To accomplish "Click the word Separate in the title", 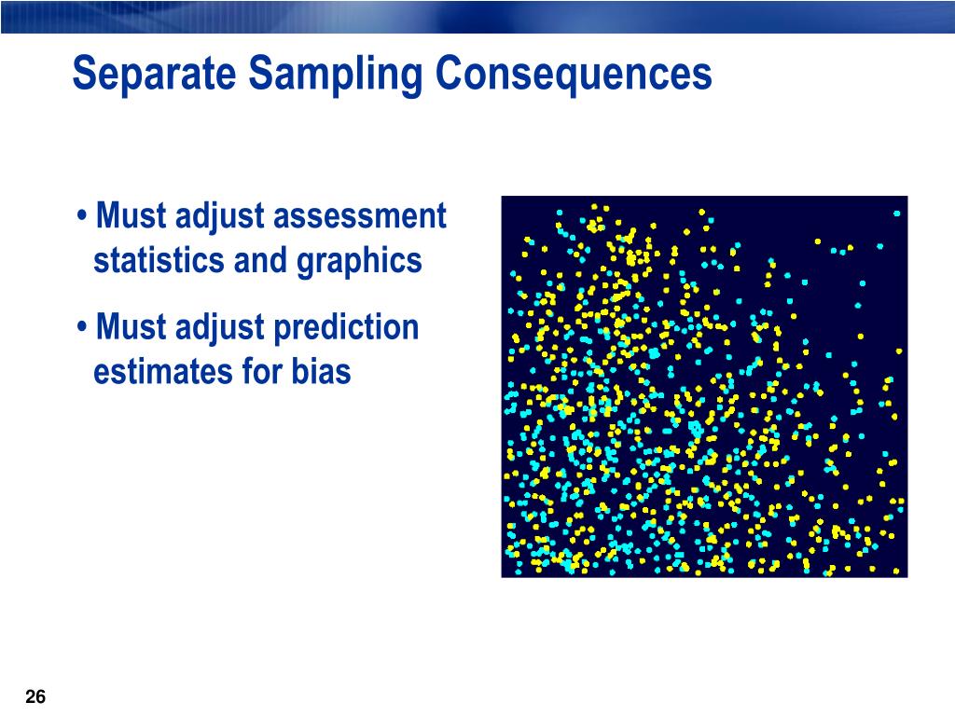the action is click(154, 73).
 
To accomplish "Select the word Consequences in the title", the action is click(574, 73).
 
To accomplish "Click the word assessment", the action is click(359, 216).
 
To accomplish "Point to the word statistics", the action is click(159, 261).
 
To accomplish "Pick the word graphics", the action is click(359, 262).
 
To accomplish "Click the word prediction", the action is click(346, 328).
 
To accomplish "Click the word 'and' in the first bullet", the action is click(261, 261).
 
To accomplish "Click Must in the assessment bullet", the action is click(131, 215).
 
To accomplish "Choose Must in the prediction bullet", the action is click(131, 327).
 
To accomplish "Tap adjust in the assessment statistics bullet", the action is click(219, 217).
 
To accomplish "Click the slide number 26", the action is click(36, 696).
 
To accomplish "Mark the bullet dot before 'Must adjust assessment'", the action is click(82, 216).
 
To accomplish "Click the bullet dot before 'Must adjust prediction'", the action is click(82, 327).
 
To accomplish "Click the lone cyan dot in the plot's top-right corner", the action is click(896, 213).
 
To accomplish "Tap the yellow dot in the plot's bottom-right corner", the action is click(896, 571).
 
